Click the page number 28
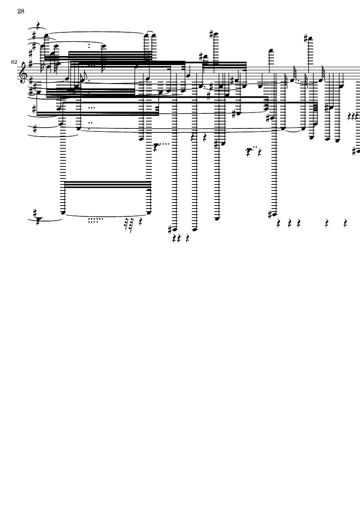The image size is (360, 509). click(21, 11)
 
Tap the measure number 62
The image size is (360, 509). click(14, 62)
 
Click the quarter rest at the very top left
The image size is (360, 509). click(38, 24)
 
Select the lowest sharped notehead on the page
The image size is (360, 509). click(175, 230)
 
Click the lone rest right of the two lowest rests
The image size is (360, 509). click(188, 239)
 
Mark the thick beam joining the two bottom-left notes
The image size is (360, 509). click(107, 184)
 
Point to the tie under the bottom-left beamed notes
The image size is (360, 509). click(106, 215)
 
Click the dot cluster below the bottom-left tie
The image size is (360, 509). click(95, 220)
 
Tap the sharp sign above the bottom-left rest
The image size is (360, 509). click(35, 213)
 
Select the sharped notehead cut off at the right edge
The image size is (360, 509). click(358, 151)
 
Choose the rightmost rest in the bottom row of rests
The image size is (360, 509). click(345, 223)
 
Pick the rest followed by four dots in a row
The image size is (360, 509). click(157, 147)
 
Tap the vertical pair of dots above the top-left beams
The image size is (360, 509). click(89, 45)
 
